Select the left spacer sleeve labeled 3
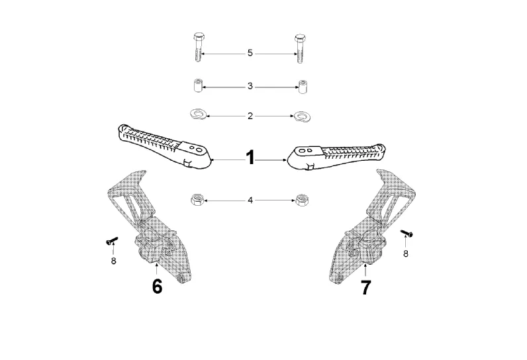tap(197, 86)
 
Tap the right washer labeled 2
tap(303, 116)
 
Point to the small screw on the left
tap(111, 241)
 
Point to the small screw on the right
tap(407, 232)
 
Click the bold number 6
tap(157, 287)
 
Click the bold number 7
tap(365, 287)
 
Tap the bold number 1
tap(250, 158)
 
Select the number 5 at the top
tap(250, 53)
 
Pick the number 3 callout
tap(250, 86)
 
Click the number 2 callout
tap(250, 116)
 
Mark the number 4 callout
tap(250, 199)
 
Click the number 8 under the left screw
tap(113, 261)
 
